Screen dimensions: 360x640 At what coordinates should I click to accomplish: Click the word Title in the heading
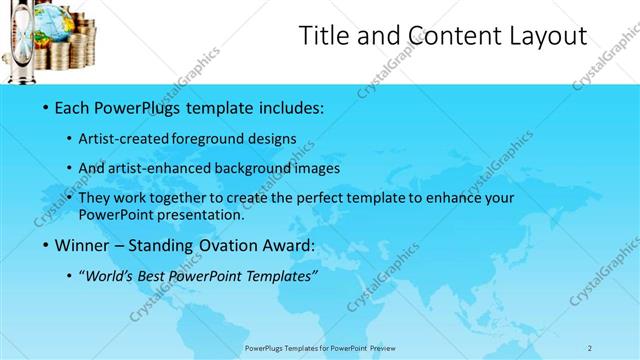[x=325, y=37]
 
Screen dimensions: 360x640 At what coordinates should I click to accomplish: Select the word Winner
[x=76, y=245]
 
